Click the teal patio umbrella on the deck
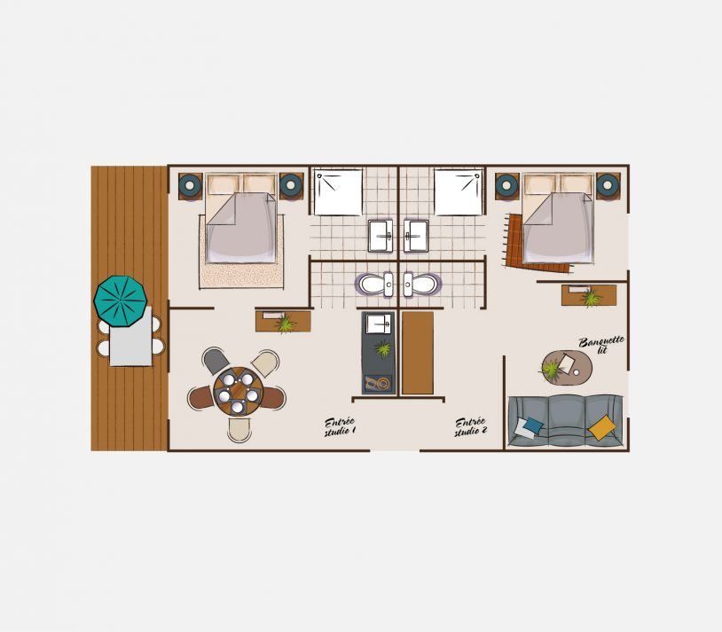(121, 301)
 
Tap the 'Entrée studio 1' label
(340, 427)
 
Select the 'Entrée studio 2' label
(471, 427)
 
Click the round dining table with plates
(238, 390)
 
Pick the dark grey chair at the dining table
(216, 361)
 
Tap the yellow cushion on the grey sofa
(602, 427)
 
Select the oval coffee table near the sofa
(567, 367)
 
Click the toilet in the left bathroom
(374, 285)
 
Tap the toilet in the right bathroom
(422, 285)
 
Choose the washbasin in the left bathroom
(381, 236)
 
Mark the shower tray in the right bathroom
(459, 192)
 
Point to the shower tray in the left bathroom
(338, 192)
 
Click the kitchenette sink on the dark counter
(378, 324)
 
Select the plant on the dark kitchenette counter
(383, 348)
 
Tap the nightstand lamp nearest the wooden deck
(190, 185)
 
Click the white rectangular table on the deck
(130, 336)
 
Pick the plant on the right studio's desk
(591, 298)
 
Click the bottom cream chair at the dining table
(239, 431)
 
